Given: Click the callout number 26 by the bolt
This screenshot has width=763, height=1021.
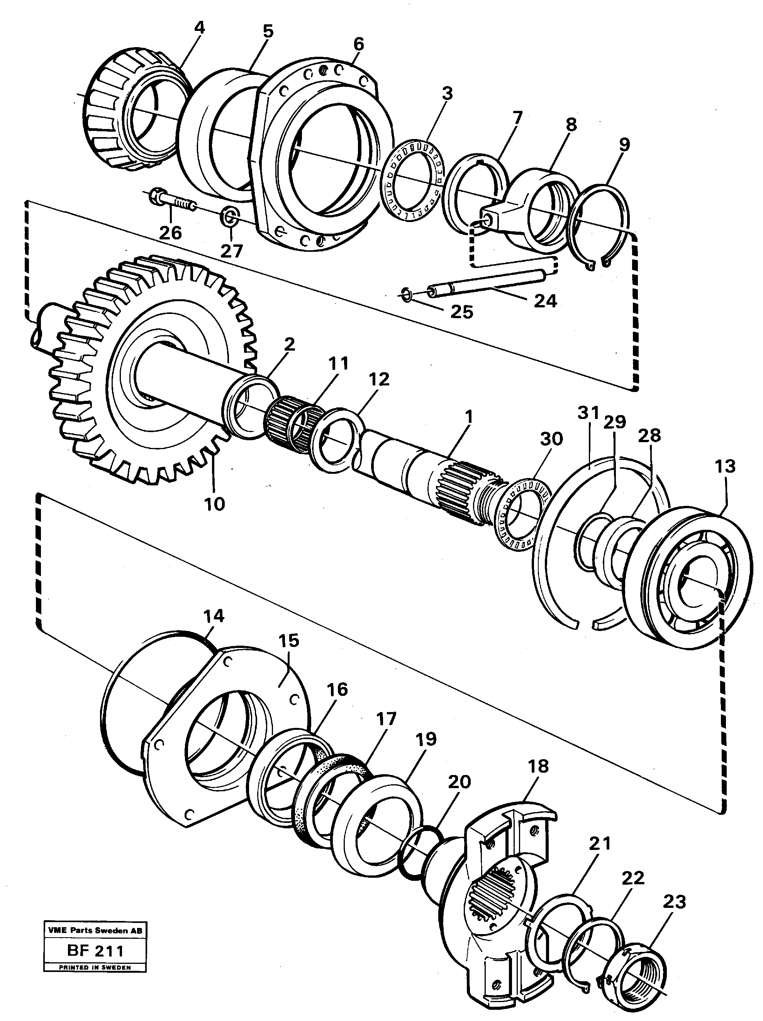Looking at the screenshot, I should pyautogui.click(x=170, y=232).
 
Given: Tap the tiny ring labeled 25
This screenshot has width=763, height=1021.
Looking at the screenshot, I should pyautogui.click(x=406, y=293).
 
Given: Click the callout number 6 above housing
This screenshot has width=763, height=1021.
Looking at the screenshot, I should pyautogui.click(x=358, y=44).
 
